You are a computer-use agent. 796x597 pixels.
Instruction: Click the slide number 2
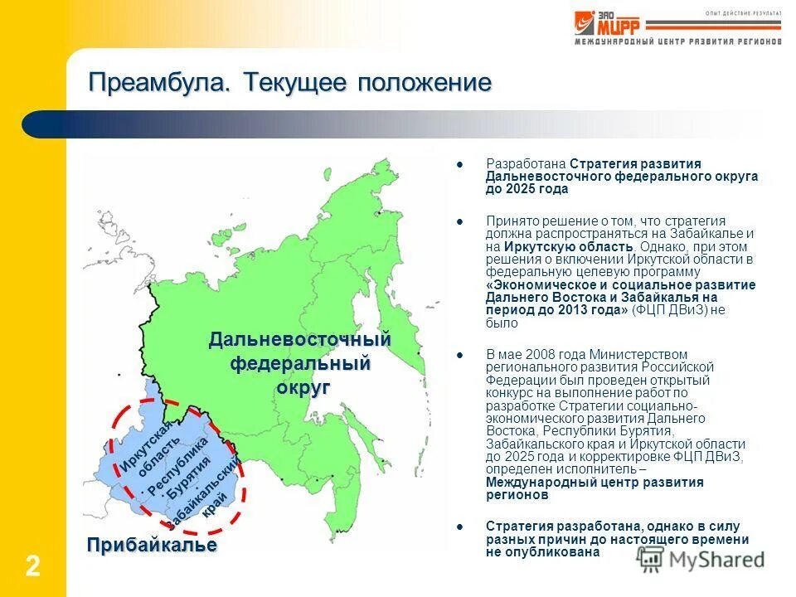(32, 567)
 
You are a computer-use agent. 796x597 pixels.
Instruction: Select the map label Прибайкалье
(153, 545)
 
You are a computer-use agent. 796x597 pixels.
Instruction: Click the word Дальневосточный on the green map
(299, 340)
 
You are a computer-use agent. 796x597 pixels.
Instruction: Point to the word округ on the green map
(303, 387)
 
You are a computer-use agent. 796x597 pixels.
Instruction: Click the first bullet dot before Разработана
(460, 163)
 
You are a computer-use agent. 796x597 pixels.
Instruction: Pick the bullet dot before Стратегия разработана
(460, 527)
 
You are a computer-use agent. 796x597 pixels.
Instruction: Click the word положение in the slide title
(425, 84)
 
